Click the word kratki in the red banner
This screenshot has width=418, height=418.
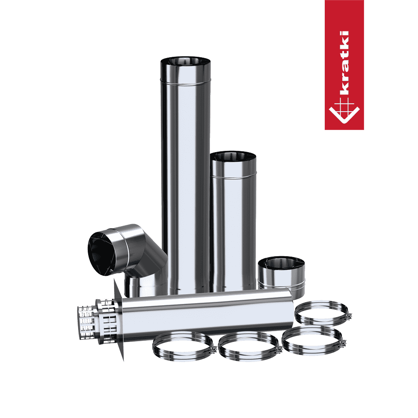click(344, 63)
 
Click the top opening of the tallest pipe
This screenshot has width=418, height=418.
click(186, 61)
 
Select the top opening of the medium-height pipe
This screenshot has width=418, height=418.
click(233, 156)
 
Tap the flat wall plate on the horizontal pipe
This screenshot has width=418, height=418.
click(119, 320)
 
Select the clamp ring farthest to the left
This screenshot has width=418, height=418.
click(183, 346)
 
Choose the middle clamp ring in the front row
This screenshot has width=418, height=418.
click(249, 347)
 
